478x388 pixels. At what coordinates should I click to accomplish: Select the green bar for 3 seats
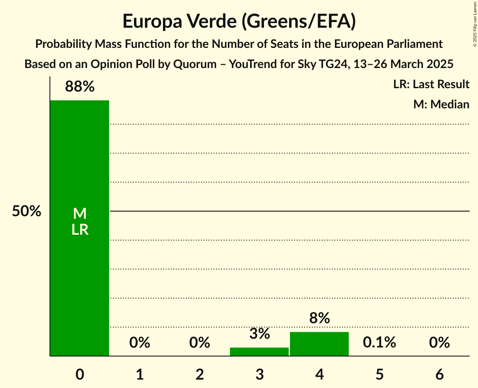259,352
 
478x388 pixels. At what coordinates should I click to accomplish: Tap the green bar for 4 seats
319,344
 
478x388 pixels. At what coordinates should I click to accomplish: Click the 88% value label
79,87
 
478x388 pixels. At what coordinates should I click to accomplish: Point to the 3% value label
259,334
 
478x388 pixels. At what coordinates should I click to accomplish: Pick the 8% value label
319,318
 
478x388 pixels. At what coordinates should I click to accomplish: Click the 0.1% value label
379,343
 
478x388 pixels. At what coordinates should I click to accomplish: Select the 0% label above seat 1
139,343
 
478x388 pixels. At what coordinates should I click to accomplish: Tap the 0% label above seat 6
439,343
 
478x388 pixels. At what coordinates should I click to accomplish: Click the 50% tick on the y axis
26,211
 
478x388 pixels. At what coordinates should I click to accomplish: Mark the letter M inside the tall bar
79,214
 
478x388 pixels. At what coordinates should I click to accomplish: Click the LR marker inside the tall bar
79,230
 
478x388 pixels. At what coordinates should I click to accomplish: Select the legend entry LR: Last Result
431,84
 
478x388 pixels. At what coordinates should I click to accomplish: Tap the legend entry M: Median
441,104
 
